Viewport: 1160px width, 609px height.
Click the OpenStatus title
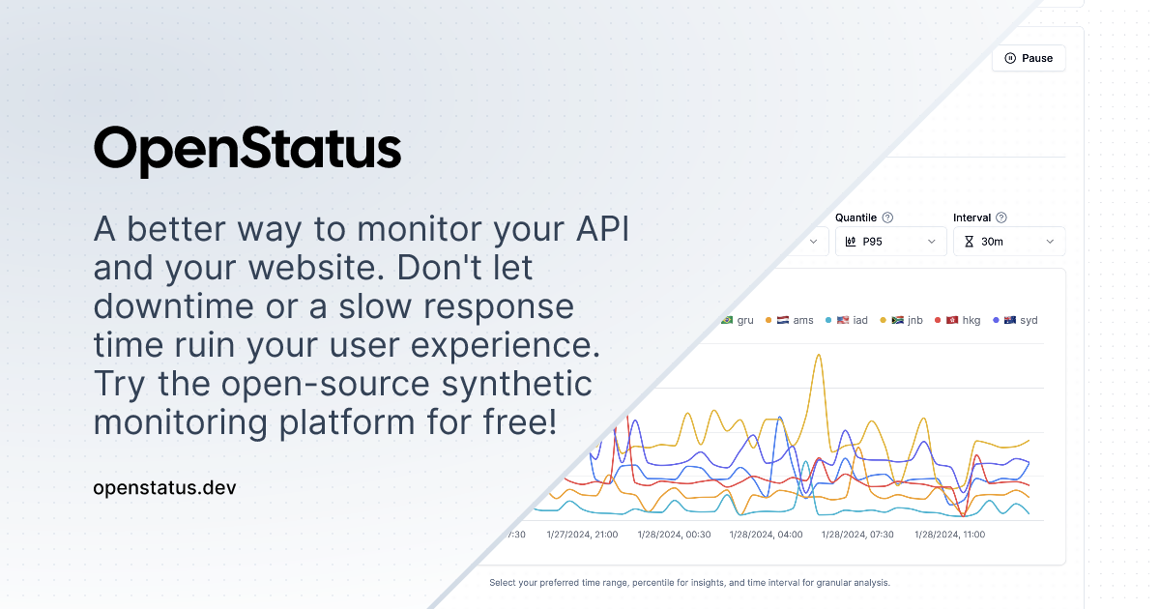click(x=247, y=150)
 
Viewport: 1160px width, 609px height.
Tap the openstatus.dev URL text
click(x=164, y=488)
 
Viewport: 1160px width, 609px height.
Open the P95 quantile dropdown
click(x=890, y=242)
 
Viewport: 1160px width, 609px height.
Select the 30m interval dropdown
click(x=1009, y=242)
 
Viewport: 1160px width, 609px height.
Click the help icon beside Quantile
click(x=887, y=217)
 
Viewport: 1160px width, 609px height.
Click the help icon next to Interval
click(x=1001, y=217)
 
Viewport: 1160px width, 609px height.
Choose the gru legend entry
click(x=738, y=320)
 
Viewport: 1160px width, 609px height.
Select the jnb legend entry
click(x=902, y=320)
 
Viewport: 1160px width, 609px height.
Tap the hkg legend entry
click(x=958, y=320)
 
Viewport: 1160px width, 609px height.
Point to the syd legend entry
click(x=1015, y=320)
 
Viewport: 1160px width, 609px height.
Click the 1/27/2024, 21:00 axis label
click(x=582, y=535)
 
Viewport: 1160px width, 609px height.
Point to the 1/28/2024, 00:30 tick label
click(x=675, y=535)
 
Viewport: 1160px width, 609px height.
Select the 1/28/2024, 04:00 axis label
click(x=766, y=535)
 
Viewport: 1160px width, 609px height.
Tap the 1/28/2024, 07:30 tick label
click(x=857, y=535)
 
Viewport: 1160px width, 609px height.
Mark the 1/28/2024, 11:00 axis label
click(x=949, y=535)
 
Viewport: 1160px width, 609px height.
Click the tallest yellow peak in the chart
click(x=819, y=355)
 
